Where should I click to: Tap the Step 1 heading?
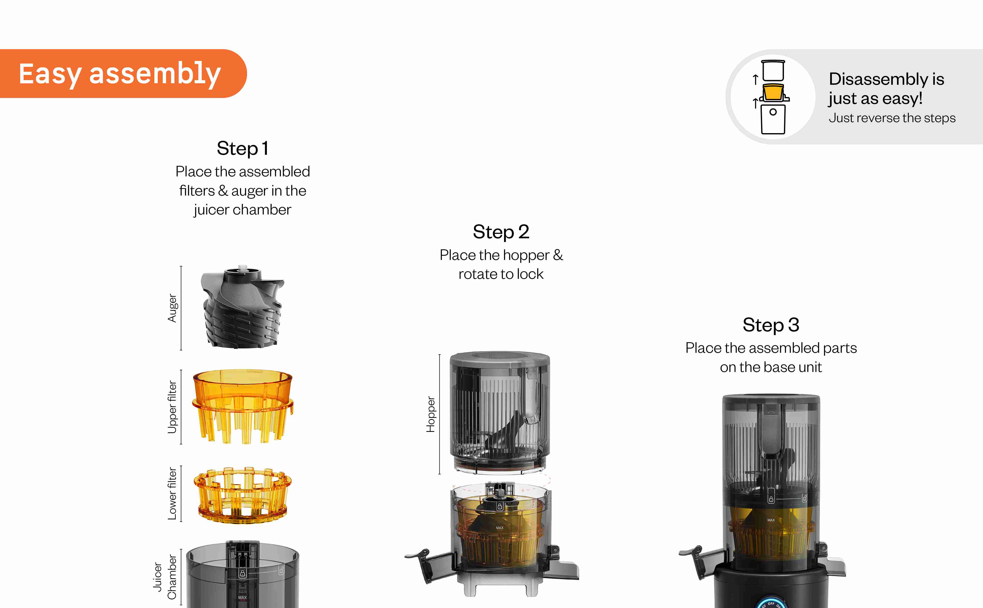pos(243,148)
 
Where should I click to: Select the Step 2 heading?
pos(501,232)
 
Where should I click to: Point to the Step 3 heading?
pos(771,325)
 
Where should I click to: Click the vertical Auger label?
pos(172,308)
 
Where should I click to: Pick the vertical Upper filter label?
pos(172,407)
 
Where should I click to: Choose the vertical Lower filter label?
pos(172,493)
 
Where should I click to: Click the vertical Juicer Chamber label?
pos(165,577)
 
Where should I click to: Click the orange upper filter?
pos(243,406)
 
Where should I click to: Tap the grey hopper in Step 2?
pos(500,412)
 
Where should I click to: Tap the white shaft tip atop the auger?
pos(243,268)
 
